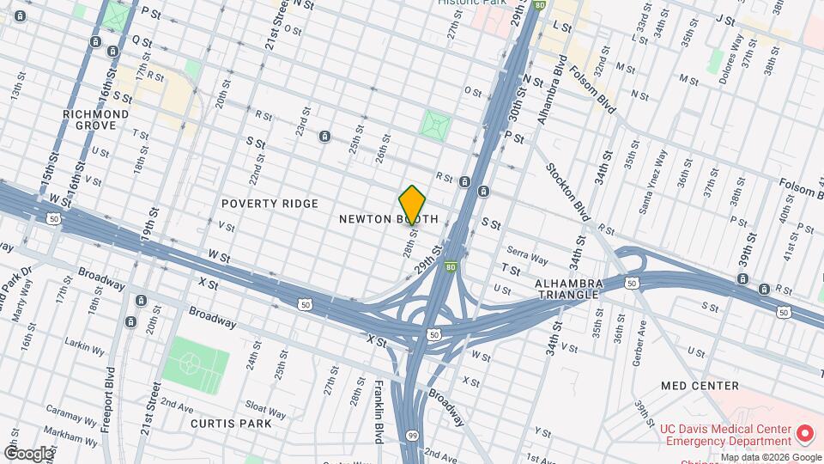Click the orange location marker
pos(412,204)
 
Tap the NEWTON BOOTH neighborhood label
pos(388,219)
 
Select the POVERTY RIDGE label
pos(270,204)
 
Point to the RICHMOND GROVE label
pos(96,119)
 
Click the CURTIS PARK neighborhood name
pos(231,423)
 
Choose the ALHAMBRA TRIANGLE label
pos(566,289)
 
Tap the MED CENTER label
pos(700,386)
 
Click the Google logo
pos(28,454)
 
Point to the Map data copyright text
pos(771,457)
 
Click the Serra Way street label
pos(527,258)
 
